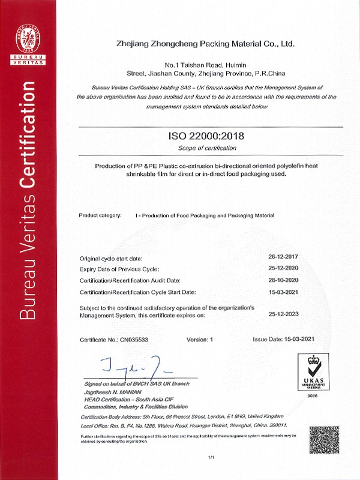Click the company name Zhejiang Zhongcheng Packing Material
206,44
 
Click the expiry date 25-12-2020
284,268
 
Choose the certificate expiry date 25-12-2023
284,313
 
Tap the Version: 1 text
200,339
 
